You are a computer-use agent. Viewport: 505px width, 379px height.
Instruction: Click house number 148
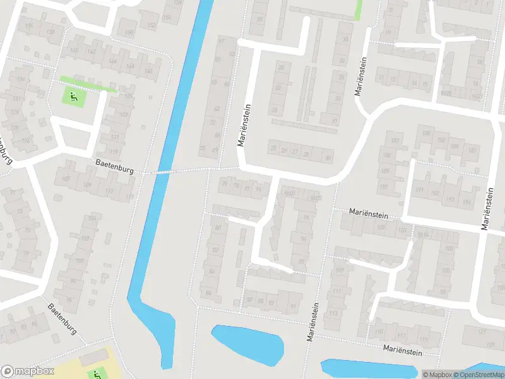click(148, 70)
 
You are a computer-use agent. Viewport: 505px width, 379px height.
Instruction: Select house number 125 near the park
click(129, 96)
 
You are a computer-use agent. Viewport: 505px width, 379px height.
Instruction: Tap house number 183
click(472, 150)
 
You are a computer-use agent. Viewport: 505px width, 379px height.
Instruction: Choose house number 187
click(396, 140)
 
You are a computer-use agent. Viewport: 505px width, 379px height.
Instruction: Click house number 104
click(93, 219)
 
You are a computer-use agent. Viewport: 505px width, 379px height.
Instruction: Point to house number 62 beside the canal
click(217, 109)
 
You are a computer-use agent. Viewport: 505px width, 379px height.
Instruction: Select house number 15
click(425, 84)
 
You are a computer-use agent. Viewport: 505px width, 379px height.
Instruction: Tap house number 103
click(401, 231)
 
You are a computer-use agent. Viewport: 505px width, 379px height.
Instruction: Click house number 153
click(151, 25)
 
